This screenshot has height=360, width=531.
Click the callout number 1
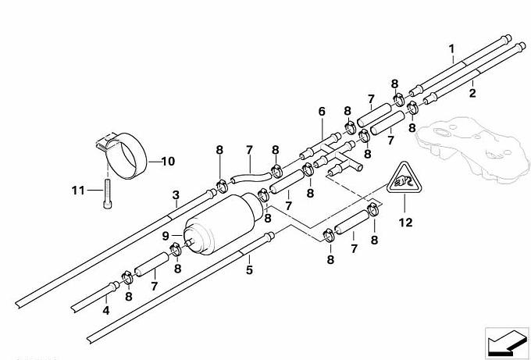pos(451,49)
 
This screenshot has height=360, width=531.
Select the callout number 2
pos(472,93)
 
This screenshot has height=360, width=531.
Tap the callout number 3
pos(176,195)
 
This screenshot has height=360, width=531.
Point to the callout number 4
pos(106,310)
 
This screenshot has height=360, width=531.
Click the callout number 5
pos(249,270)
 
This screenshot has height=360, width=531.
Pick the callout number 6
pos(322,112)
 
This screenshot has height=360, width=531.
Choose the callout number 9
pos(166,236)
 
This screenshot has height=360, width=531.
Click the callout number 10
pos(168,161)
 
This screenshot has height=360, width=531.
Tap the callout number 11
pos(78,191)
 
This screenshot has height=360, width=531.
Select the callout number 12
pos(405,223)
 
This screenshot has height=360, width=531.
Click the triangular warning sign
pos(404,178)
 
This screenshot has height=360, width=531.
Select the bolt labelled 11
pos(107,194)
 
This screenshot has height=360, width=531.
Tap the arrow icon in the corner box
pos(507,342)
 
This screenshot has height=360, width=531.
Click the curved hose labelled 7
pos(251,176)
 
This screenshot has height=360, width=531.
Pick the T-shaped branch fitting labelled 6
pos(332,153)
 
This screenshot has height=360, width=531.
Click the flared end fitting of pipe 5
pos(269,236)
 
